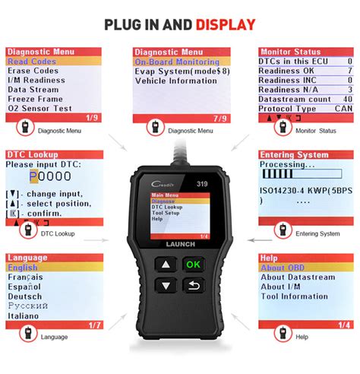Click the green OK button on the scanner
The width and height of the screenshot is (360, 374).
(x=193, y=265)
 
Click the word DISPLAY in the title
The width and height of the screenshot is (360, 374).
(x=224, y=24)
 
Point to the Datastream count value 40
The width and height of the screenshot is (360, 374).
(x=348, y=99)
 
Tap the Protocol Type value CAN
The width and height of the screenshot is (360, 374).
(x=346, y=108)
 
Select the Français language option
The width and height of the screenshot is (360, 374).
(x=27, y=277)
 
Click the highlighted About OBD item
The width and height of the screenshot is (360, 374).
(x=283, y=268)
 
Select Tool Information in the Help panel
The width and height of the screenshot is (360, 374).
(x=295, y=296)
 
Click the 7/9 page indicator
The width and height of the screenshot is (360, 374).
(x=220, y=118)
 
